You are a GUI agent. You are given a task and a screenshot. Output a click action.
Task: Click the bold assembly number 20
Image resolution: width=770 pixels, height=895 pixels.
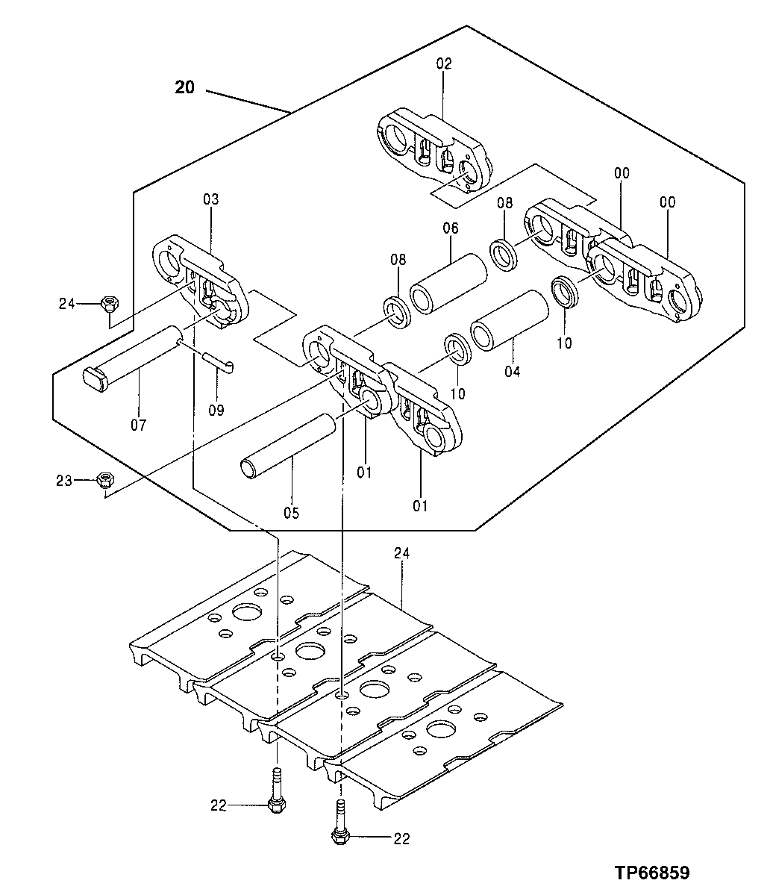coord(184,87)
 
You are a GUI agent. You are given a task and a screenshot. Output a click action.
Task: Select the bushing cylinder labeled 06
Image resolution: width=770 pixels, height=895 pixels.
coord(450,284)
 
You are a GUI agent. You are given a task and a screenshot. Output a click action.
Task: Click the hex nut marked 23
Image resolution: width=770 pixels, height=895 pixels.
coord(104,480)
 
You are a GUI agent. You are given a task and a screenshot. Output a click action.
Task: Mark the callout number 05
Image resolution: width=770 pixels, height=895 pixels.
coord(290,513)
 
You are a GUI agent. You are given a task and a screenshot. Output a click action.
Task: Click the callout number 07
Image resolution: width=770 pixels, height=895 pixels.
coord(138,425)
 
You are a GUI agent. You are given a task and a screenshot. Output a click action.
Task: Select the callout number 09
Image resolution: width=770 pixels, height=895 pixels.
coord(217,410)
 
